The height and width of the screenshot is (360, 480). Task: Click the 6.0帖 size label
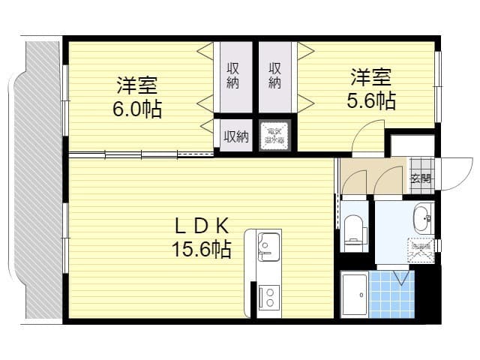[136, 109]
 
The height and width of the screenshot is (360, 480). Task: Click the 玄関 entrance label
[421, 178]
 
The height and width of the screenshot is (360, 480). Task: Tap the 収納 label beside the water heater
[236, 136]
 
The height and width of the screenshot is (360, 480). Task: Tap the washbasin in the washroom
[421, 219]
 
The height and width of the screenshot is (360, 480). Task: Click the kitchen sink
[268, 244]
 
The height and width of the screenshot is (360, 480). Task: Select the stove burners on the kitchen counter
[268, 297]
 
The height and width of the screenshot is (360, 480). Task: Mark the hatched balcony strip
[42, 180]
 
